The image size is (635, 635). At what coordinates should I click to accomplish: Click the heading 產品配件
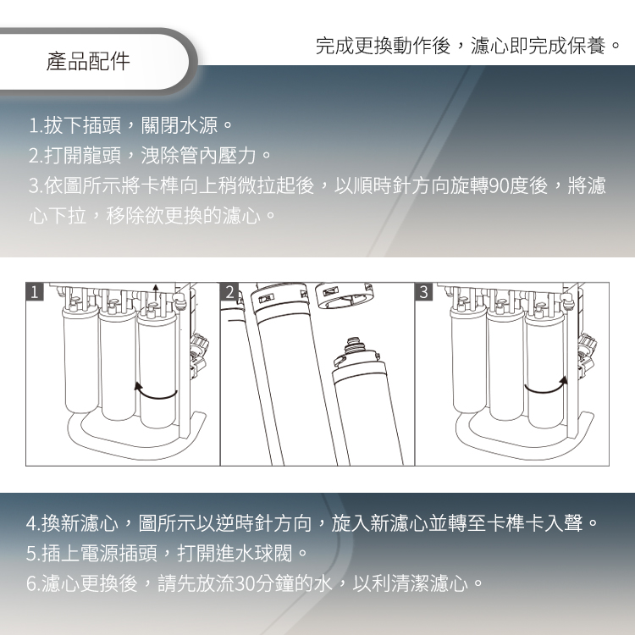tap(88, 62)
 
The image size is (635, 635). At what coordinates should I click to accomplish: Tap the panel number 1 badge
tap(35, 291)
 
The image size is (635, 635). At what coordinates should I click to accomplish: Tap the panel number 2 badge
tap(229, 291)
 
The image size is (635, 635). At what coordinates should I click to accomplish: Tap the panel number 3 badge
tap(423, 291)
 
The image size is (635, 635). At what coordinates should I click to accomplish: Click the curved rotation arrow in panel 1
tap(155, 395)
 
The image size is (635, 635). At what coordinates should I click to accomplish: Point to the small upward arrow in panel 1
tap(156, 292)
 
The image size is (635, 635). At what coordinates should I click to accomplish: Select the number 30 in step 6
tap(244, 583)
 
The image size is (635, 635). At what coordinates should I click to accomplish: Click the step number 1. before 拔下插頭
tap(36, 125)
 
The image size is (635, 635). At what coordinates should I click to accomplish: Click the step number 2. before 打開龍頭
tap(36, 156)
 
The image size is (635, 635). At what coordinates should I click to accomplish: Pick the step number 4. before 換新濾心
tap(33, 523)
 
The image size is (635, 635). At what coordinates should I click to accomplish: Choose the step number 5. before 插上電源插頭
tap(33, 553)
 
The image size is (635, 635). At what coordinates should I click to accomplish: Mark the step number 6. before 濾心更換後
tap(33, 583)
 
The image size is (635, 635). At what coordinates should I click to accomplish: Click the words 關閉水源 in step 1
tap(179, 125)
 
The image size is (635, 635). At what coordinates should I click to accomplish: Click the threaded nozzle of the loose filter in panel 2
tap(355, 345)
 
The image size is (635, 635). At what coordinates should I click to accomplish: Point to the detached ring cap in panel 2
tap(344, 295)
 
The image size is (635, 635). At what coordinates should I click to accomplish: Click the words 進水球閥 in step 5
tap(253, 553)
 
